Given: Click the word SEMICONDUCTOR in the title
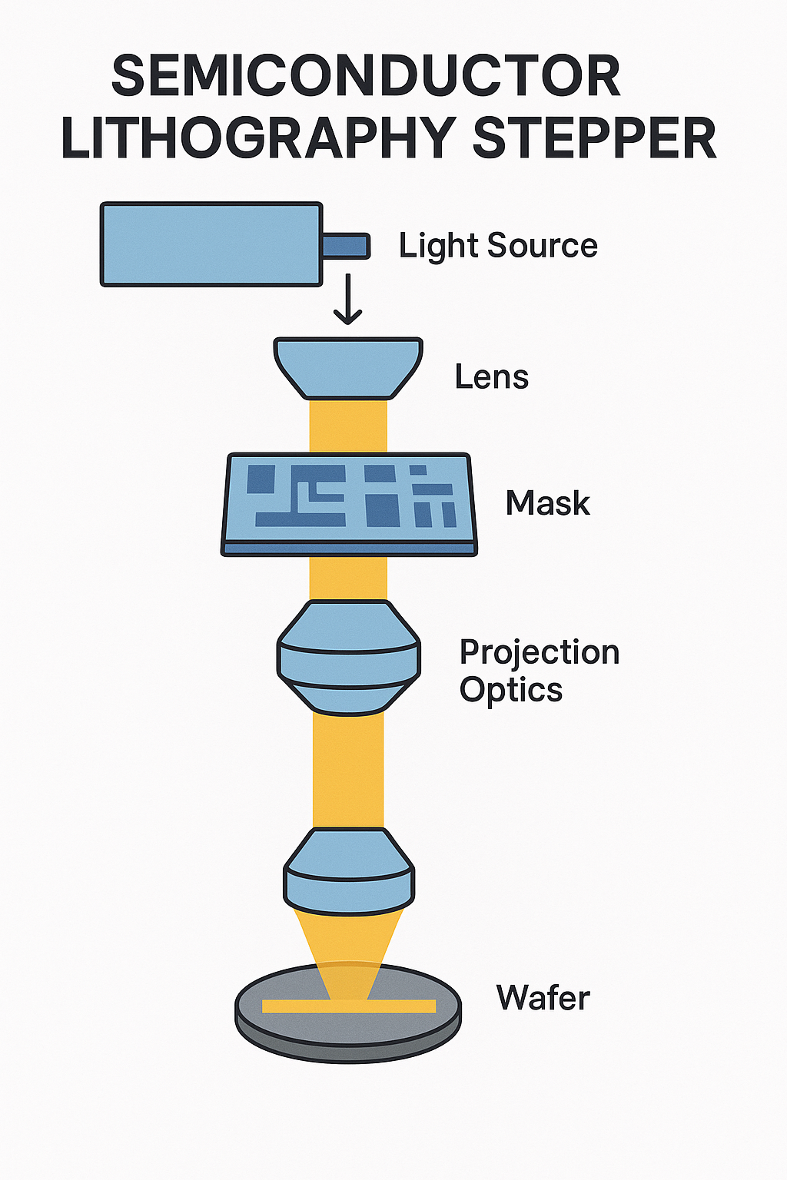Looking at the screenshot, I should [x=366, y=75].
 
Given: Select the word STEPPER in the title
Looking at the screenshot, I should [x=593, y=138].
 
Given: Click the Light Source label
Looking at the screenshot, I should [x=498, y=246].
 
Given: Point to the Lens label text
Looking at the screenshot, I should [x=492, y=377].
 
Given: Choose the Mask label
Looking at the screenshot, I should [x=547, y=503].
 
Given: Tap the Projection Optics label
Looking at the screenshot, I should [x=538, y=671].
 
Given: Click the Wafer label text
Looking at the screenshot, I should [x=543, y=998].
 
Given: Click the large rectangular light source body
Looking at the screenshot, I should [x=211, y=244].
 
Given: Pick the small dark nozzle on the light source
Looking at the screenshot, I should [x=346, y=246].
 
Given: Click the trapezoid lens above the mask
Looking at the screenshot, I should [x=348, y=368].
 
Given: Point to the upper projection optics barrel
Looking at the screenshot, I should [x=348, y=657].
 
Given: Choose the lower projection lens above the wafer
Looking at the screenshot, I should [x=348, y=868].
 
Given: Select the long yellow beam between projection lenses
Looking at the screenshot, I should [x=348, y=768].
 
